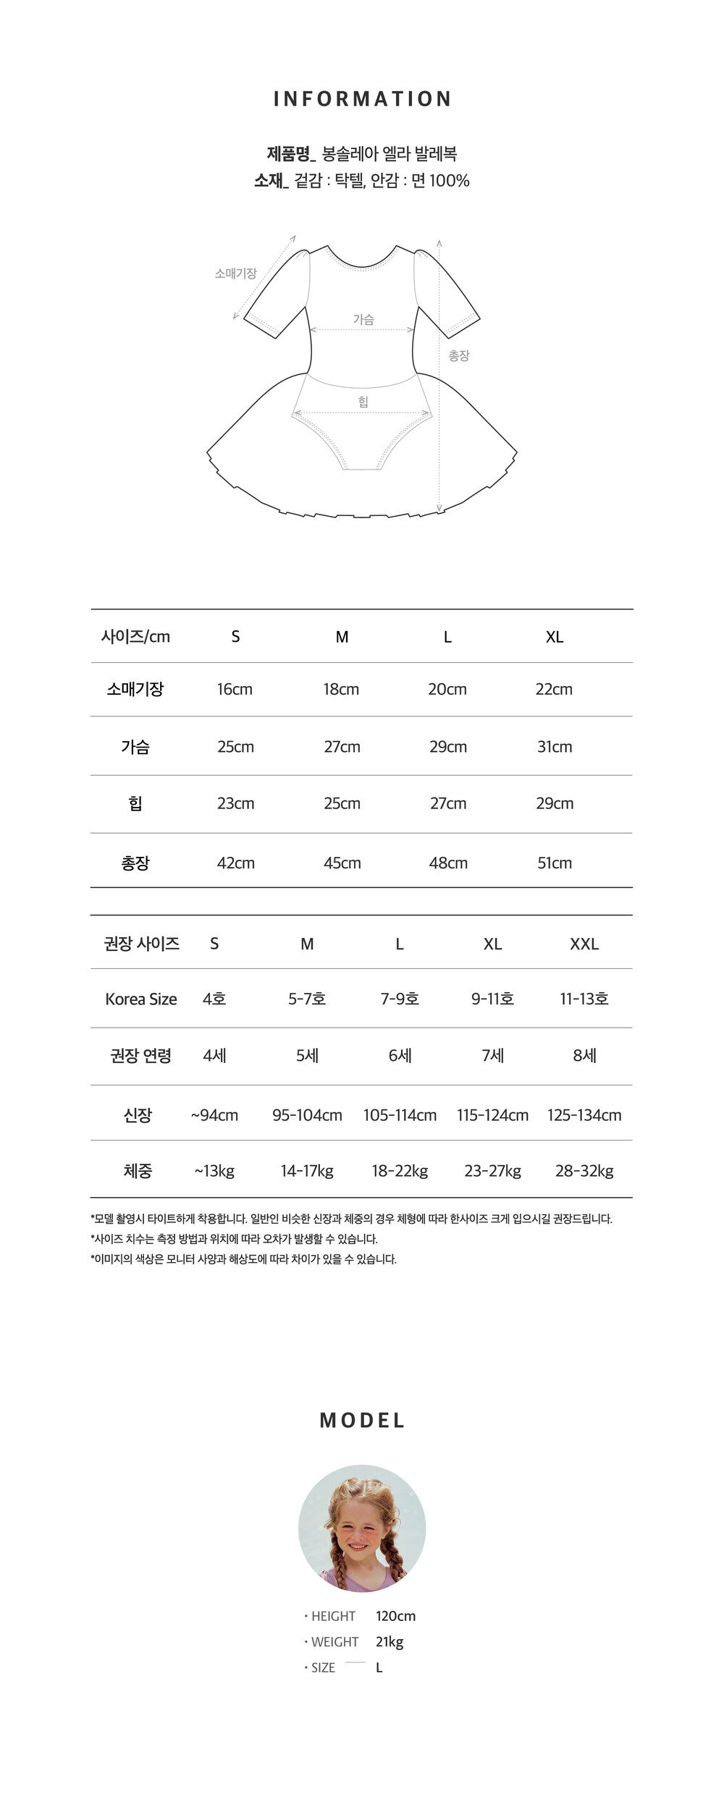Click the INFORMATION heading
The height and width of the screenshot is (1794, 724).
362,99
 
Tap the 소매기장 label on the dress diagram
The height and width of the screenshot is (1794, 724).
235,274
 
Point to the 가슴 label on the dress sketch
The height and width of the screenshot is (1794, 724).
363,319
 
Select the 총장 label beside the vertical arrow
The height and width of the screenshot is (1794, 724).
459,355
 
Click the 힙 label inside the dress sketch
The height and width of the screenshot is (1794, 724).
363,402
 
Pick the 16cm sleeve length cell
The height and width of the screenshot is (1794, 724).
235,689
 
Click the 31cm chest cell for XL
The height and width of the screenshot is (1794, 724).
555,747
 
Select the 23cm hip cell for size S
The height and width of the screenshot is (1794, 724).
235,803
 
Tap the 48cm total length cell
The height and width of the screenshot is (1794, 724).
448,863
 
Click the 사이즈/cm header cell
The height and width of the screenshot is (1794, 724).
135,637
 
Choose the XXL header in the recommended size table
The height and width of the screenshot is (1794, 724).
584,944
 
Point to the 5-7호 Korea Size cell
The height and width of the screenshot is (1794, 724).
307,999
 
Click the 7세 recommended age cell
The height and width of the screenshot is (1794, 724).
492,1056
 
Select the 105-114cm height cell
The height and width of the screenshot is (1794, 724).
400,1115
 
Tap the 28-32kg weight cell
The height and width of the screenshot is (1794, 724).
584,1171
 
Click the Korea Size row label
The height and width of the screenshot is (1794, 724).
141,999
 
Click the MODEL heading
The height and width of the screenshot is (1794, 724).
362,1421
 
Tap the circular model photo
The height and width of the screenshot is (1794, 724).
362,1528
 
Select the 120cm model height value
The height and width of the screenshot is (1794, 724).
395,1616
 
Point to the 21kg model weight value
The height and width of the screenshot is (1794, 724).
390,1641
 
